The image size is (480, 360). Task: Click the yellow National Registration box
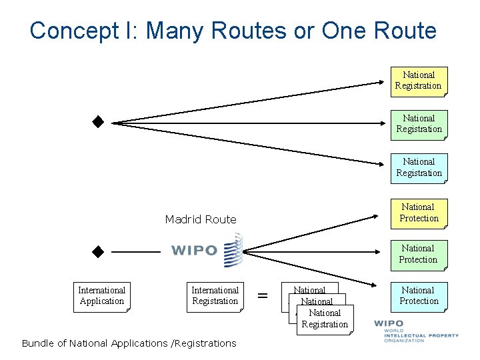tap(419, 81)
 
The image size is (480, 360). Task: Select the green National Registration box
tap(419, 124)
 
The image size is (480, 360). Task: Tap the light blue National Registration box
tap(419, 167)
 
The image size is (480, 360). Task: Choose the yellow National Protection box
tap(419, 213)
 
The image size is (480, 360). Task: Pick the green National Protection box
tap(419, 254)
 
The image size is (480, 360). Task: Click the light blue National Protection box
tap(419, 296)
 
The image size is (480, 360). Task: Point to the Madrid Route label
tap(201, 219)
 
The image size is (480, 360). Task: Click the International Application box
tap(102, 296)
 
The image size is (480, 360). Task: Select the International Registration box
tap(215, 296)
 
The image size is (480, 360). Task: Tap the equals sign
tap(263, 295)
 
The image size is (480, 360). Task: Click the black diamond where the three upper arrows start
tap(99, 122)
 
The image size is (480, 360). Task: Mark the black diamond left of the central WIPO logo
tap(99, 251)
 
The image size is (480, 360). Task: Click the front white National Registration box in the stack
tap(325, 319)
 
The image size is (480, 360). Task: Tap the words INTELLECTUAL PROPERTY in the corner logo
tap(421, 335)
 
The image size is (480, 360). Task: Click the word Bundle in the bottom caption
tap(37, 343)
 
